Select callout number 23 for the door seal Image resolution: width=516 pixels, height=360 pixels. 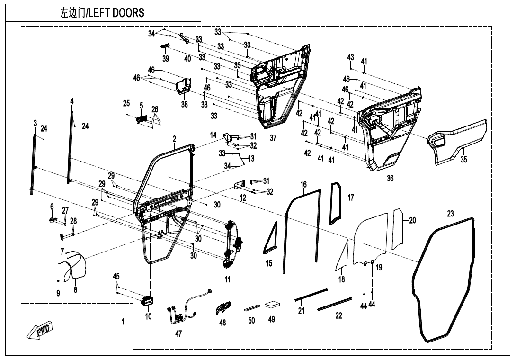pyautogui.click(x=450, y=214)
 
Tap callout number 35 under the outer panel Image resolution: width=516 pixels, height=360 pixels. pyautogui.click(x=464, y=160)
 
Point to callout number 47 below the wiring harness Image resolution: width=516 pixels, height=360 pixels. pyautogui.click(x=178, y=333)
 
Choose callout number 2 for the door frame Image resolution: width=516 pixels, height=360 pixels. pyautogui.click(x=174, y=139)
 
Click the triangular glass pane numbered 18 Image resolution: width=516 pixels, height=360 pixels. pyautogui.click(x=343, y=258)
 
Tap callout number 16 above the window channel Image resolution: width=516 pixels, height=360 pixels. pyautogui.click(x=303, y=184)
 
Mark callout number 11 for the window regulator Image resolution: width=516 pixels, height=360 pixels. pyautogui.click(x=228, y=279)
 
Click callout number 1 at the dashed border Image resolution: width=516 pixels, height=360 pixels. pyautogui.click(x=123, y=322)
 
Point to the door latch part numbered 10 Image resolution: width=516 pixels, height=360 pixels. pyautogui.click(x=148, y=300)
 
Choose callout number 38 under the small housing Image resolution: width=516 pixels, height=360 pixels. pyautogui.click(x=184, y=104)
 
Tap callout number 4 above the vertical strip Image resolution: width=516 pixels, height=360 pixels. pyautogui.click(x=72, y=101)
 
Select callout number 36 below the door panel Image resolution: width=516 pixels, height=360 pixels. pyautogui.click(x=390, y=179)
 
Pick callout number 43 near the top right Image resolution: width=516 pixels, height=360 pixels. pyautogui.click(x=350, y=57)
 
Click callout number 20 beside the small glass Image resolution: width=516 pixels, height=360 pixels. pyautogui.click(x=412, y=220)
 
